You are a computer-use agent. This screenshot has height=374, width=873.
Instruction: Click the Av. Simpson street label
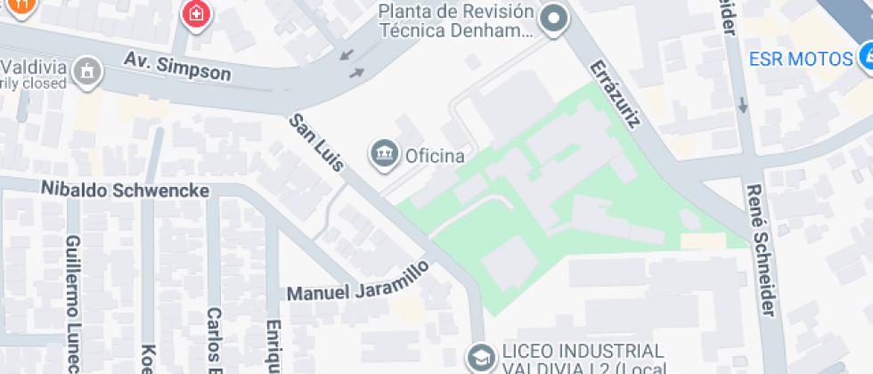(x=177, y=68)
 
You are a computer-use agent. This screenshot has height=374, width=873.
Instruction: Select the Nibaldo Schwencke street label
(x=125, y=191)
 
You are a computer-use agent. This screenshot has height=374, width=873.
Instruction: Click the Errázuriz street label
(x=615, y=93)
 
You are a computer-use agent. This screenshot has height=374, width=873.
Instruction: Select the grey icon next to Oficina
(x=384, y=153)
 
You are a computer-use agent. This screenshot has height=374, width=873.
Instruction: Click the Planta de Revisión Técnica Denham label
(x=456, y=21)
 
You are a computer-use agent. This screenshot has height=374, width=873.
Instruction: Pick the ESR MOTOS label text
(x=801, y=60)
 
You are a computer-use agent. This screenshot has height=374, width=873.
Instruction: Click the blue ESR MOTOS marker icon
(x=867, y=59)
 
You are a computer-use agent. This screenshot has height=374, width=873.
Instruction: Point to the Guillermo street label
(x=74, y=303)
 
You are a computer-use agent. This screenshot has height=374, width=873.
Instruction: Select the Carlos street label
(x=214, y=338)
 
